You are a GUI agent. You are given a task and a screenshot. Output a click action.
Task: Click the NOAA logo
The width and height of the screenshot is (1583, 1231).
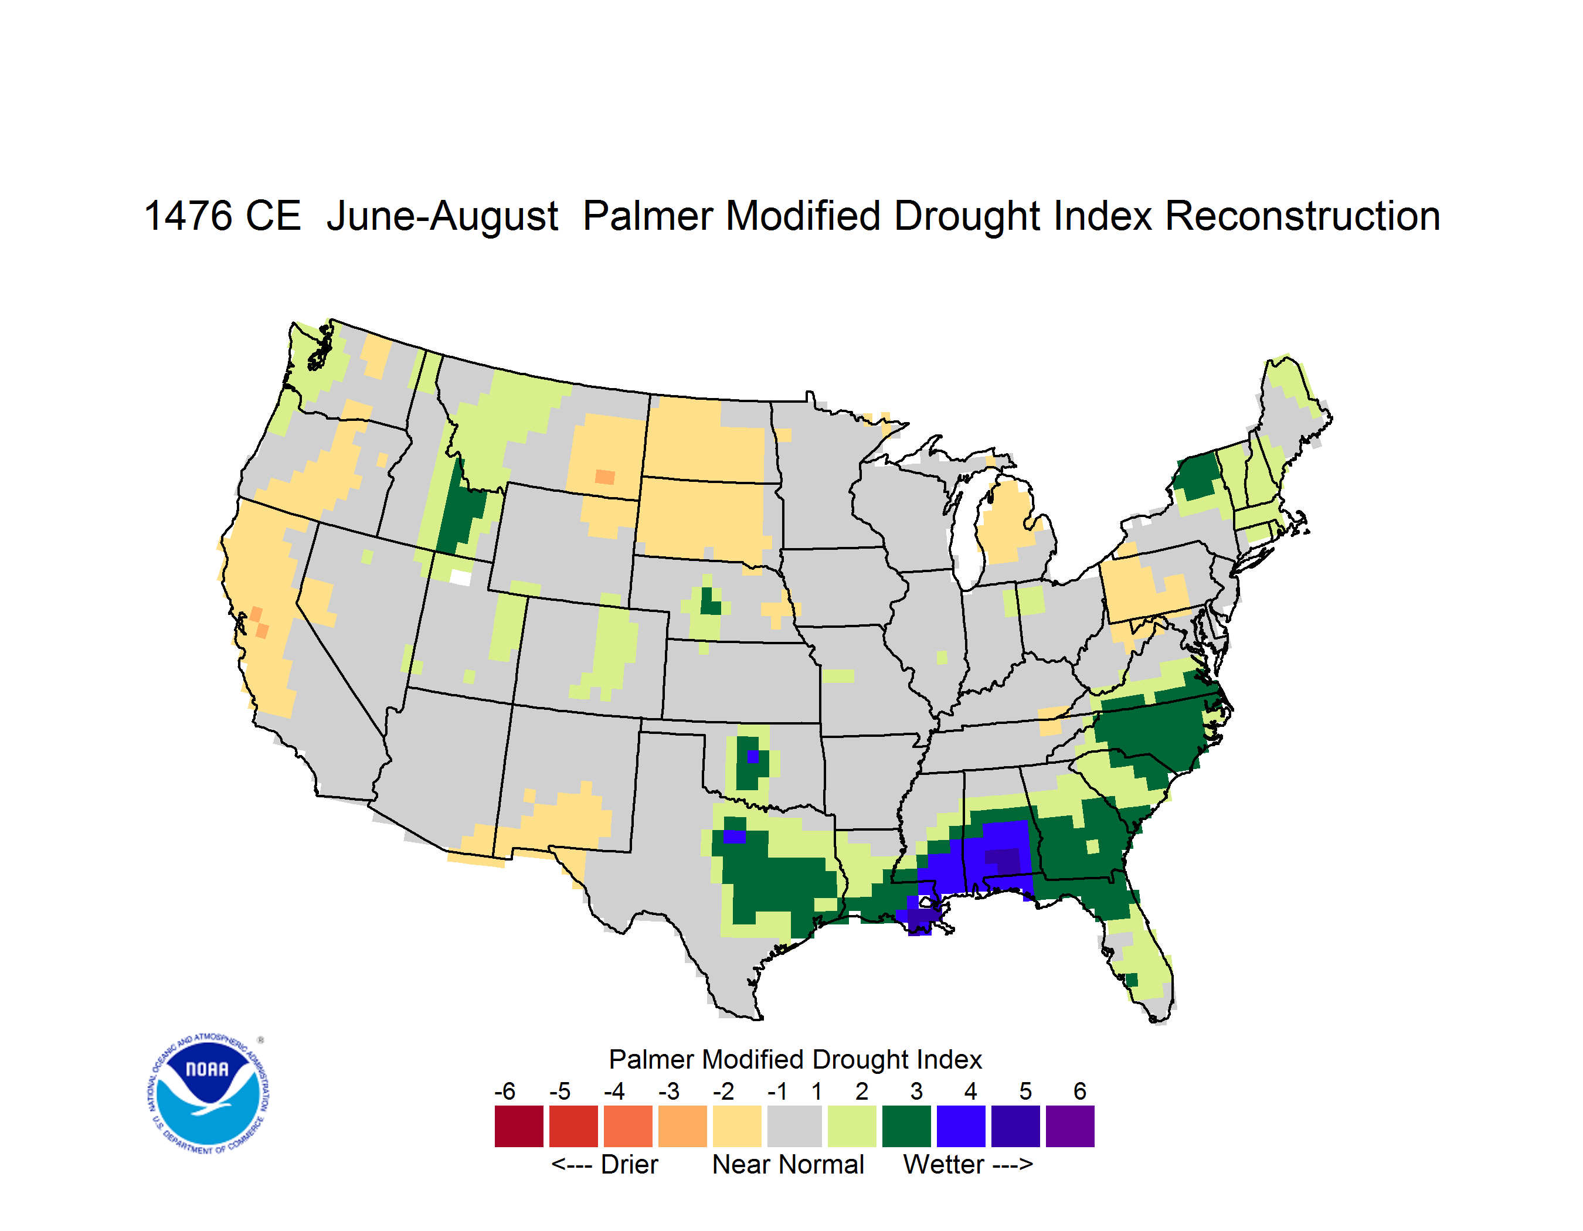(x=208, y=1094)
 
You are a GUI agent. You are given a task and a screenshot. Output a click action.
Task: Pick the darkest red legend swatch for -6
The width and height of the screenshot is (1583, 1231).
(x=519, y=1126)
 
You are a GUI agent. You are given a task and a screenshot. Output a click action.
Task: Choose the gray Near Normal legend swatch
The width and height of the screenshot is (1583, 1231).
(x=794, y=1126)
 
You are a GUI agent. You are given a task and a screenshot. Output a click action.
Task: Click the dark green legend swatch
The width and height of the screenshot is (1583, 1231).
(x=906, y=1126)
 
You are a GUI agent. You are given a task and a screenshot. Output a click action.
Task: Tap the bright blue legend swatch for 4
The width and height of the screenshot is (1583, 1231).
(x=961, y=1126)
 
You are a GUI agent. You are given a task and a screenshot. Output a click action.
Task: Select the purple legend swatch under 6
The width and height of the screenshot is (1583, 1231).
(x=1070, y=1126)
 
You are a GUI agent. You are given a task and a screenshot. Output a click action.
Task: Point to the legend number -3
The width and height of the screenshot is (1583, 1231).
(x=669, y=1090)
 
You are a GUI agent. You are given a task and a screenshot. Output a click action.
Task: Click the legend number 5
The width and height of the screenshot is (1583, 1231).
(x=1025, y=1090)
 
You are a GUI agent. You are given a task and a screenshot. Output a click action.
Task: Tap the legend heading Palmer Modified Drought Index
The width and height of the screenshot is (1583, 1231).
(x=795, y=1059)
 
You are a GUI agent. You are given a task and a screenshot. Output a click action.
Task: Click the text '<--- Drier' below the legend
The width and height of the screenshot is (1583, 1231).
(x=604, y=1164)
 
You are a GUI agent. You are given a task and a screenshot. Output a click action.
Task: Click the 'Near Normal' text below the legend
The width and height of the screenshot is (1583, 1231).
(x=788, y=1164)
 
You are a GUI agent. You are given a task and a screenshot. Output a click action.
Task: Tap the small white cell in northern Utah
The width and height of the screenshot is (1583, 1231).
(x=460, y=577)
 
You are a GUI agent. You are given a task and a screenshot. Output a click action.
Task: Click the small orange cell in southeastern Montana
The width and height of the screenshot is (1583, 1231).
(x=604, y=477)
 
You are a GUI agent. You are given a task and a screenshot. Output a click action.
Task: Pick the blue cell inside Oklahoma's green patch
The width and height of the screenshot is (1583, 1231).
(x=753, y=756)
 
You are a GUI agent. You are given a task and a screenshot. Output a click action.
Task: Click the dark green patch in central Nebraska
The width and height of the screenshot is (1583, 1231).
(x=711, y=602)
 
